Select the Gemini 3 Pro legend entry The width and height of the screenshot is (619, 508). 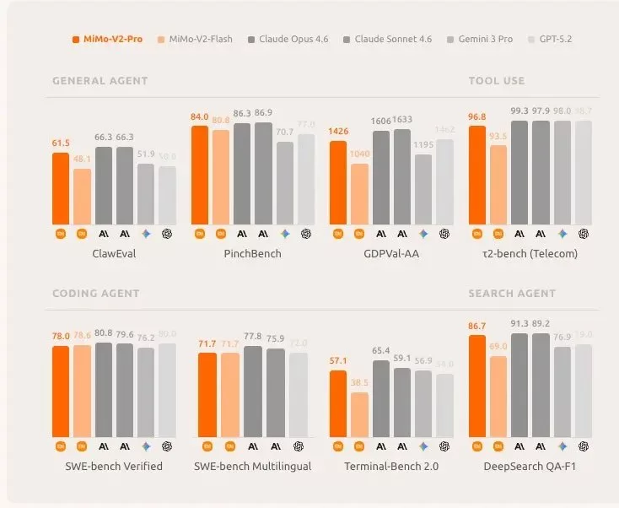tap(479, 39)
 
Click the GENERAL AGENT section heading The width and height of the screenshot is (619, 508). tap(100, 81)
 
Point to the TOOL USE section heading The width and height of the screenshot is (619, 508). tap(496, 81)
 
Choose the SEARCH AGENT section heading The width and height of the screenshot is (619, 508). tap(512, 294)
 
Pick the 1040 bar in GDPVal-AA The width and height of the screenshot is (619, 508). tap(359, 193)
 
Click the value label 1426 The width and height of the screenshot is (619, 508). tap(338, 132)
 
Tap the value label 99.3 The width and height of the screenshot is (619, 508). tap(519, 111)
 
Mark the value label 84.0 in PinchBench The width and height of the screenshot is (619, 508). tap(200, 116)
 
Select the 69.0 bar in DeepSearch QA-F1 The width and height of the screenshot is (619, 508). tap(498, 396)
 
